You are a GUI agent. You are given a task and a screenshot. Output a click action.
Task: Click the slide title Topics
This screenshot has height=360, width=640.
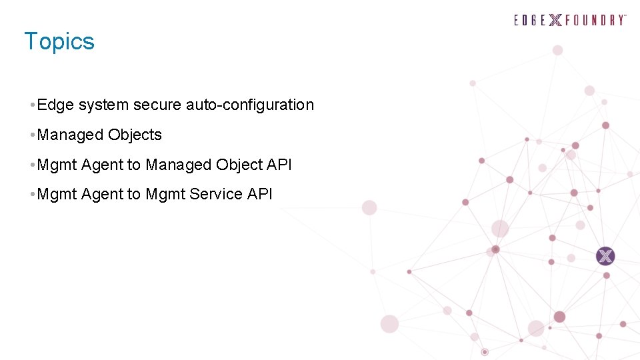59,41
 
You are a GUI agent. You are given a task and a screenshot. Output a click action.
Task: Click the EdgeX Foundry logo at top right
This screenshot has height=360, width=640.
570,20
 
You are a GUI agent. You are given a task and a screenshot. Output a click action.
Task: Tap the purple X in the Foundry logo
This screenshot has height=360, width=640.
555,20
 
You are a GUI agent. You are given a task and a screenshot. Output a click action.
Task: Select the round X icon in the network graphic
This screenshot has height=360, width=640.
605,256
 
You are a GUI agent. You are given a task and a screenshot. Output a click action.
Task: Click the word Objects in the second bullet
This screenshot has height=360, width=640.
135,135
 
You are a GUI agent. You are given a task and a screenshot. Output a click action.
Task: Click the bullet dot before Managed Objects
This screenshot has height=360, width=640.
33,135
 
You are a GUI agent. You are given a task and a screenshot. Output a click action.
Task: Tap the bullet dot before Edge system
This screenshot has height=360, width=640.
33,105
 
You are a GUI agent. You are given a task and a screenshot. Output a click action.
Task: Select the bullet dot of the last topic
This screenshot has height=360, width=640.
33,195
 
